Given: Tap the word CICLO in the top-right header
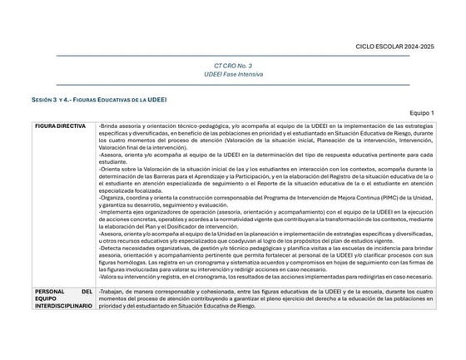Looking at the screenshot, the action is point(366,47).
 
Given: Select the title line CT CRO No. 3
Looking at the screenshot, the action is point(232,65).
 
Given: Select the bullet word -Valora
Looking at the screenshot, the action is point(108,277).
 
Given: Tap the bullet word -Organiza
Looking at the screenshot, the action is point(112,198).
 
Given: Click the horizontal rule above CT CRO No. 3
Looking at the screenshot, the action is point(232,56).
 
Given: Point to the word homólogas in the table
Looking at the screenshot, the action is point(121,263).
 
